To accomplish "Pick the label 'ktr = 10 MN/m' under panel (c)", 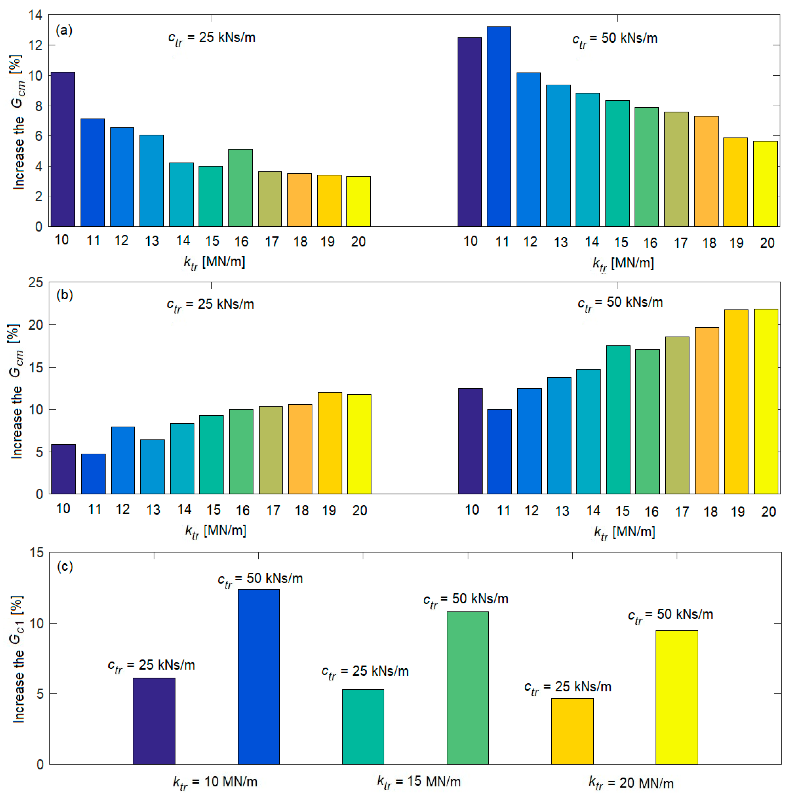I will coord(215,782).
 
